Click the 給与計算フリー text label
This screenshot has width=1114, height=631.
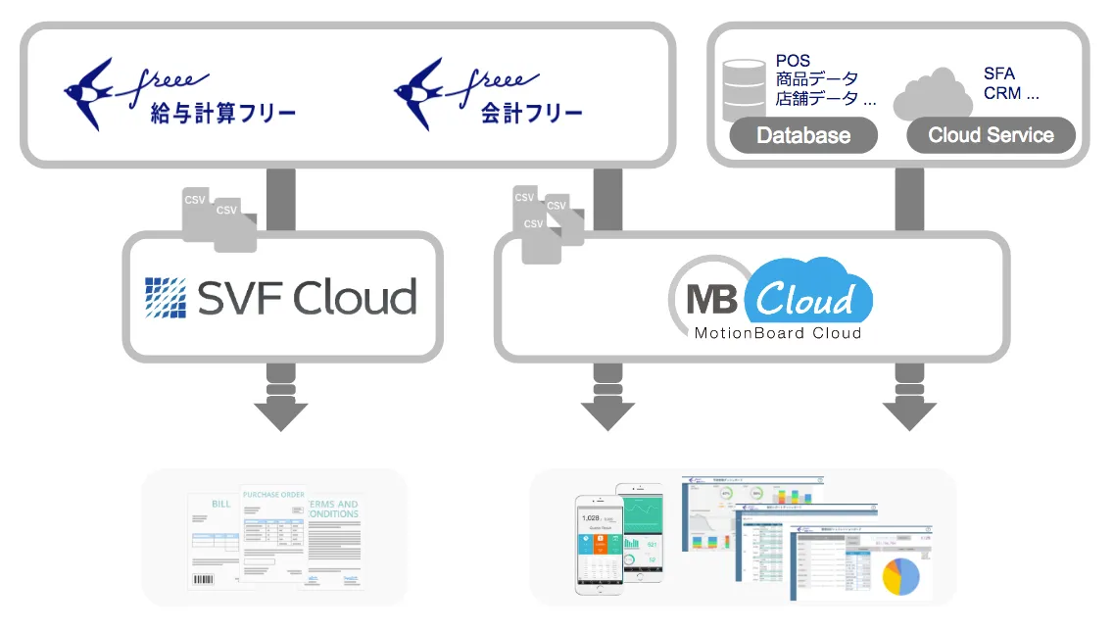[223, 114]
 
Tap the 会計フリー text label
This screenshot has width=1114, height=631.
[532, 114]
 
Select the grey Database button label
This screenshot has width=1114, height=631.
[803, 135]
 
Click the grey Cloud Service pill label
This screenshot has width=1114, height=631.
[991, 135]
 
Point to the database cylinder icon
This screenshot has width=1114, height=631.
[746, 89]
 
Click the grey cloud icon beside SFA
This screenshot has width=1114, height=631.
[933, 93]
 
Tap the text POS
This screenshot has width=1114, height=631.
[794, 61]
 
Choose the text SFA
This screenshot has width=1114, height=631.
[999, 73]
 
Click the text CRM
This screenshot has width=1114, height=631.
[1002, 94]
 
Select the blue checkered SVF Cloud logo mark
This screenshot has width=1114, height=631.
[165, 297]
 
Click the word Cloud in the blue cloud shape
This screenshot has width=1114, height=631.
[806, 297]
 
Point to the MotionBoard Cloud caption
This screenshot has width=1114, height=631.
[778, 333]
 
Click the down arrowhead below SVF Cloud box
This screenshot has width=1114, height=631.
[281, 415]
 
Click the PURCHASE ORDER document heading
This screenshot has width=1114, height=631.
[273, 495]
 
